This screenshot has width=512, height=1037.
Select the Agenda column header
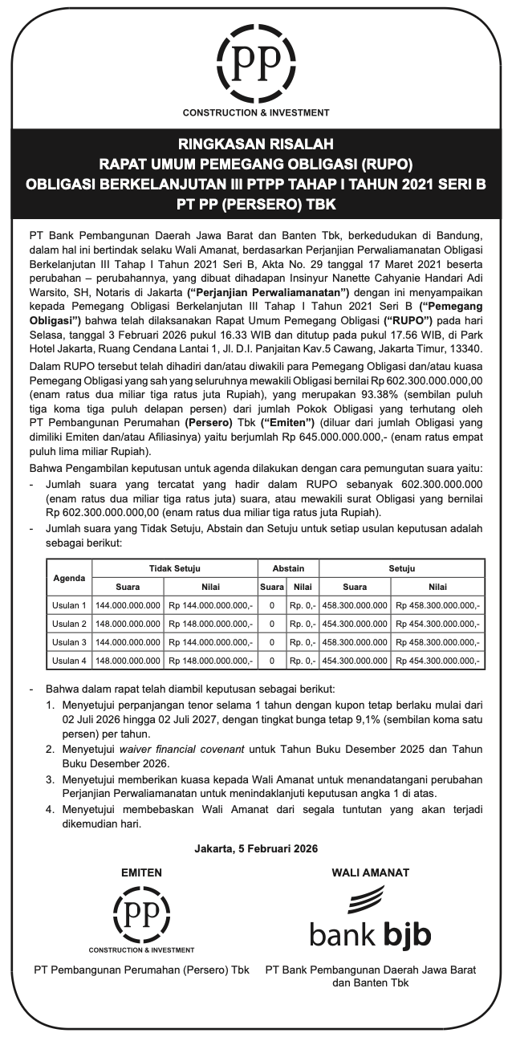[x=69, y=577]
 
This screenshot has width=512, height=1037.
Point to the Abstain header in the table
[x=288, y=568]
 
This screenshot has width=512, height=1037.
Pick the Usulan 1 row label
[x=69, y=605]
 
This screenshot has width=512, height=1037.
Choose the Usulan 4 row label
[x=69, y=661]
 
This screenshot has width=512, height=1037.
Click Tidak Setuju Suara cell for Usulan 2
[x=128, y=624]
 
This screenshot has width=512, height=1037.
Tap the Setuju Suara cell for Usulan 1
[x=354, y=605]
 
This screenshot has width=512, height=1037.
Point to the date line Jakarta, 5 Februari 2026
[x=256, y=848]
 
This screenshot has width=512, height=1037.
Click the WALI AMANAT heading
[x=370, y=872]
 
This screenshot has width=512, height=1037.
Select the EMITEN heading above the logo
[x=141, y=872]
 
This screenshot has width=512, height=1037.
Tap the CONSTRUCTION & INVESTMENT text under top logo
[x=255, y=113]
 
